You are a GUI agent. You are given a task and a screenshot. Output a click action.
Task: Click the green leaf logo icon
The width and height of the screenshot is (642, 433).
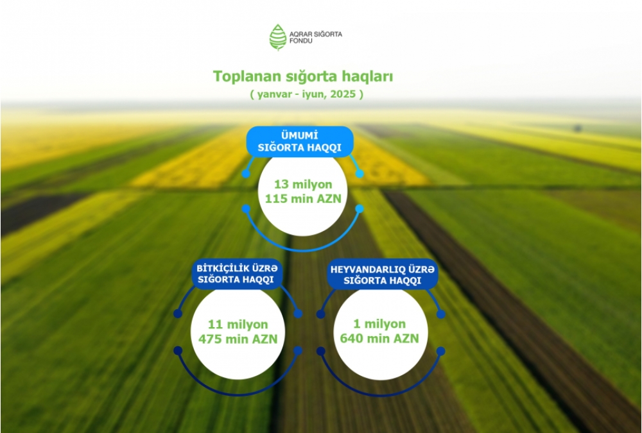277,37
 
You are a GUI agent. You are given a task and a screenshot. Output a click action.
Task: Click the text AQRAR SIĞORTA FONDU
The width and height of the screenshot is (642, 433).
316,37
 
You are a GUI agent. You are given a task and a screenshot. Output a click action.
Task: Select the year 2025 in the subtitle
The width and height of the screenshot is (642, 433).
343,94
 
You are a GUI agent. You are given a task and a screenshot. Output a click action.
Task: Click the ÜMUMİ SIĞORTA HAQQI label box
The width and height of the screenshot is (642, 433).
300,141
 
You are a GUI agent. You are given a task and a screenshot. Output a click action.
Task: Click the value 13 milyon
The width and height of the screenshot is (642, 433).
303,185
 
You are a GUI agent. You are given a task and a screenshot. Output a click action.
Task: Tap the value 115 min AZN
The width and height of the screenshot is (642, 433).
303,199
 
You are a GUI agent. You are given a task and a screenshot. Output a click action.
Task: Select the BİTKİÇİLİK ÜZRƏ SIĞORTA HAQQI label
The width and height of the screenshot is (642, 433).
237,274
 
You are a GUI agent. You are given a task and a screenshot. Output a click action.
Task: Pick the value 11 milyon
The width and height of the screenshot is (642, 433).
238,325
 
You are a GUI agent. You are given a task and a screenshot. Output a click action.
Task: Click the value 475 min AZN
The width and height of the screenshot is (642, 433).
238,339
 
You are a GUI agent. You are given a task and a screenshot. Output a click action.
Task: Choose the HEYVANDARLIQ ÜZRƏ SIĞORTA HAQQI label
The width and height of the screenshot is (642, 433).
382,275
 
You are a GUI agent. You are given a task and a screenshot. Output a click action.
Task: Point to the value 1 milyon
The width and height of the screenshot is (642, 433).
379,324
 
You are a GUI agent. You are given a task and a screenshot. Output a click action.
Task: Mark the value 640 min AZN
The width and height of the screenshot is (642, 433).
379,339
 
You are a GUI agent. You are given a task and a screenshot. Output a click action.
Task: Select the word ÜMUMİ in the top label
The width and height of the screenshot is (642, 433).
300,135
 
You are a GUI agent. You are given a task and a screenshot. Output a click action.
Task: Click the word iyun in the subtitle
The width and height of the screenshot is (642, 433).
313,94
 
